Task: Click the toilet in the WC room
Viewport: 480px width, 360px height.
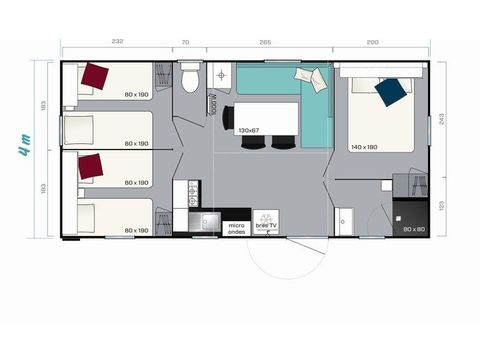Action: click(x=191, y=78)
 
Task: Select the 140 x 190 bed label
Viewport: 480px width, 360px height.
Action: click(x=363, y=147)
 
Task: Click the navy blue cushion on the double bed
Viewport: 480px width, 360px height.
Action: click(x=390, y=92)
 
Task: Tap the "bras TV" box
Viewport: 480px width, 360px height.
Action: click(x=267, y=226)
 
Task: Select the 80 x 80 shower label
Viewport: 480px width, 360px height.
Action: click(x=412, y=230)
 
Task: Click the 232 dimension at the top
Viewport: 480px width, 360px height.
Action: click(x=117, y=42)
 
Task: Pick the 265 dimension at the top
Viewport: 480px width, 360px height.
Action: click(x=265, y=42)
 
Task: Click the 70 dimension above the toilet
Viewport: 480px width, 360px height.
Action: click(x=185, y=42)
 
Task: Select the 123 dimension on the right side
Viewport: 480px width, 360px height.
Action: click(x=442, y=206)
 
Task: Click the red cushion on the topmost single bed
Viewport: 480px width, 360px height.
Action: click(x=96, y=76)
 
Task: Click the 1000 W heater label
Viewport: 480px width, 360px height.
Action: click(x=213, y=105)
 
